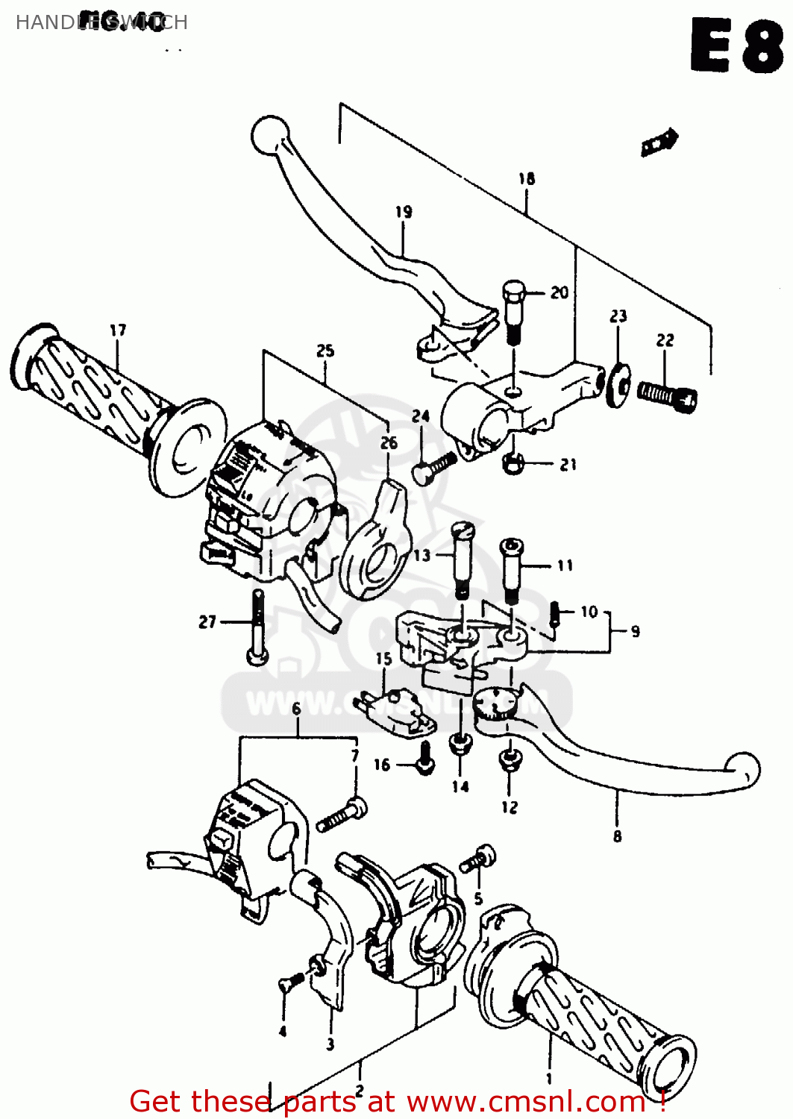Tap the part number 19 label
click(404, 212)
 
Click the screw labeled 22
click(666, 395)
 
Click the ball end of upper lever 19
click(269, 135)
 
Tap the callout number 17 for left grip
click(118, 330)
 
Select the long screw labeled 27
click(257, 627)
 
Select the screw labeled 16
click(424, 759)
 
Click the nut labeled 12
click(510, 761)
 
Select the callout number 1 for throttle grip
click(549, 1078)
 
